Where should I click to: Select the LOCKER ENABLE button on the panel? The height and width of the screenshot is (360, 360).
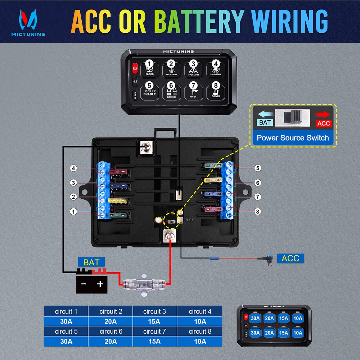(149, 90)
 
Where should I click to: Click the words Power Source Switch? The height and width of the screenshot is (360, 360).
(293, 138)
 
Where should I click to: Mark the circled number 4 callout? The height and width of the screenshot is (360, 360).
(73, 168)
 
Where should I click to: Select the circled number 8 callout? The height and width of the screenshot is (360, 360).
(257, 212)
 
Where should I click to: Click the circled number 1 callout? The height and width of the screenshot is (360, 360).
(73, 212)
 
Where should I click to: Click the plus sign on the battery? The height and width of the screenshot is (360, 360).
(100, 284)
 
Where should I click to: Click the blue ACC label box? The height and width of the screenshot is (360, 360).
(290, 258)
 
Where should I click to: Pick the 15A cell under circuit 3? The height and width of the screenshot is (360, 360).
(155, 321)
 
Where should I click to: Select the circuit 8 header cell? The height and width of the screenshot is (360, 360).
(200, 331)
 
